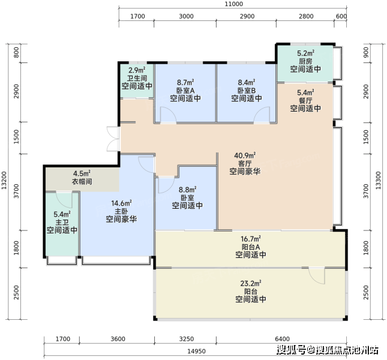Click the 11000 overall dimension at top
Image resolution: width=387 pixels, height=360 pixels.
233,4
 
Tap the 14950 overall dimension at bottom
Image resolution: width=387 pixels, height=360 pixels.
196,351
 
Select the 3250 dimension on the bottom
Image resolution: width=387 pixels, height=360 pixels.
187,339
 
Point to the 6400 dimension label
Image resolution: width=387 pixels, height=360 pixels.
282,339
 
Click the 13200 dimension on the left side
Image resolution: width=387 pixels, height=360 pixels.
4,181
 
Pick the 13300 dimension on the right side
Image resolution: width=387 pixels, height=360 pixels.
378,181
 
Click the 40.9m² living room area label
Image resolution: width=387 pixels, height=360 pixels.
245,155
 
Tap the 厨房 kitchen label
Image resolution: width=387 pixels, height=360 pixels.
305,61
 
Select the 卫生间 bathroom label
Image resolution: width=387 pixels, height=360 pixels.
137,78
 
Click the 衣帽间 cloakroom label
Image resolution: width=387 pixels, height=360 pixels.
82,182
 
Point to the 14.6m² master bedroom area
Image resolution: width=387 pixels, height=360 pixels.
121,203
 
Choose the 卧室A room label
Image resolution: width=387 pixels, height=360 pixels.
185,91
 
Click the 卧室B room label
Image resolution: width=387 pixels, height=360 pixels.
247,91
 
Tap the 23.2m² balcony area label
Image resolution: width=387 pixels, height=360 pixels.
251,283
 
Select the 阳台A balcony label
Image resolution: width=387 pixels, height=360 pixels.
251,247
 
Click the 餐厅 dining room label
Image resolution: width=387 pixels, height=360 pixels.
305,100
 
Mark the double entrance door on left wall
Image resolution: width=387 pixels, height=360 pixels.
113,139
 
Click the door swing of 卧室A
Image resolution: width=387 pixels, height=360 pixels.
168,115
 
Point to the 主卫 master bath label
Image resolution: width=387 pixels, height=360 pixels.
62,223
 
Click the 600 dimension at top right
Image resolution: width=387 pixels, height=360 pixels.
341,16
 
